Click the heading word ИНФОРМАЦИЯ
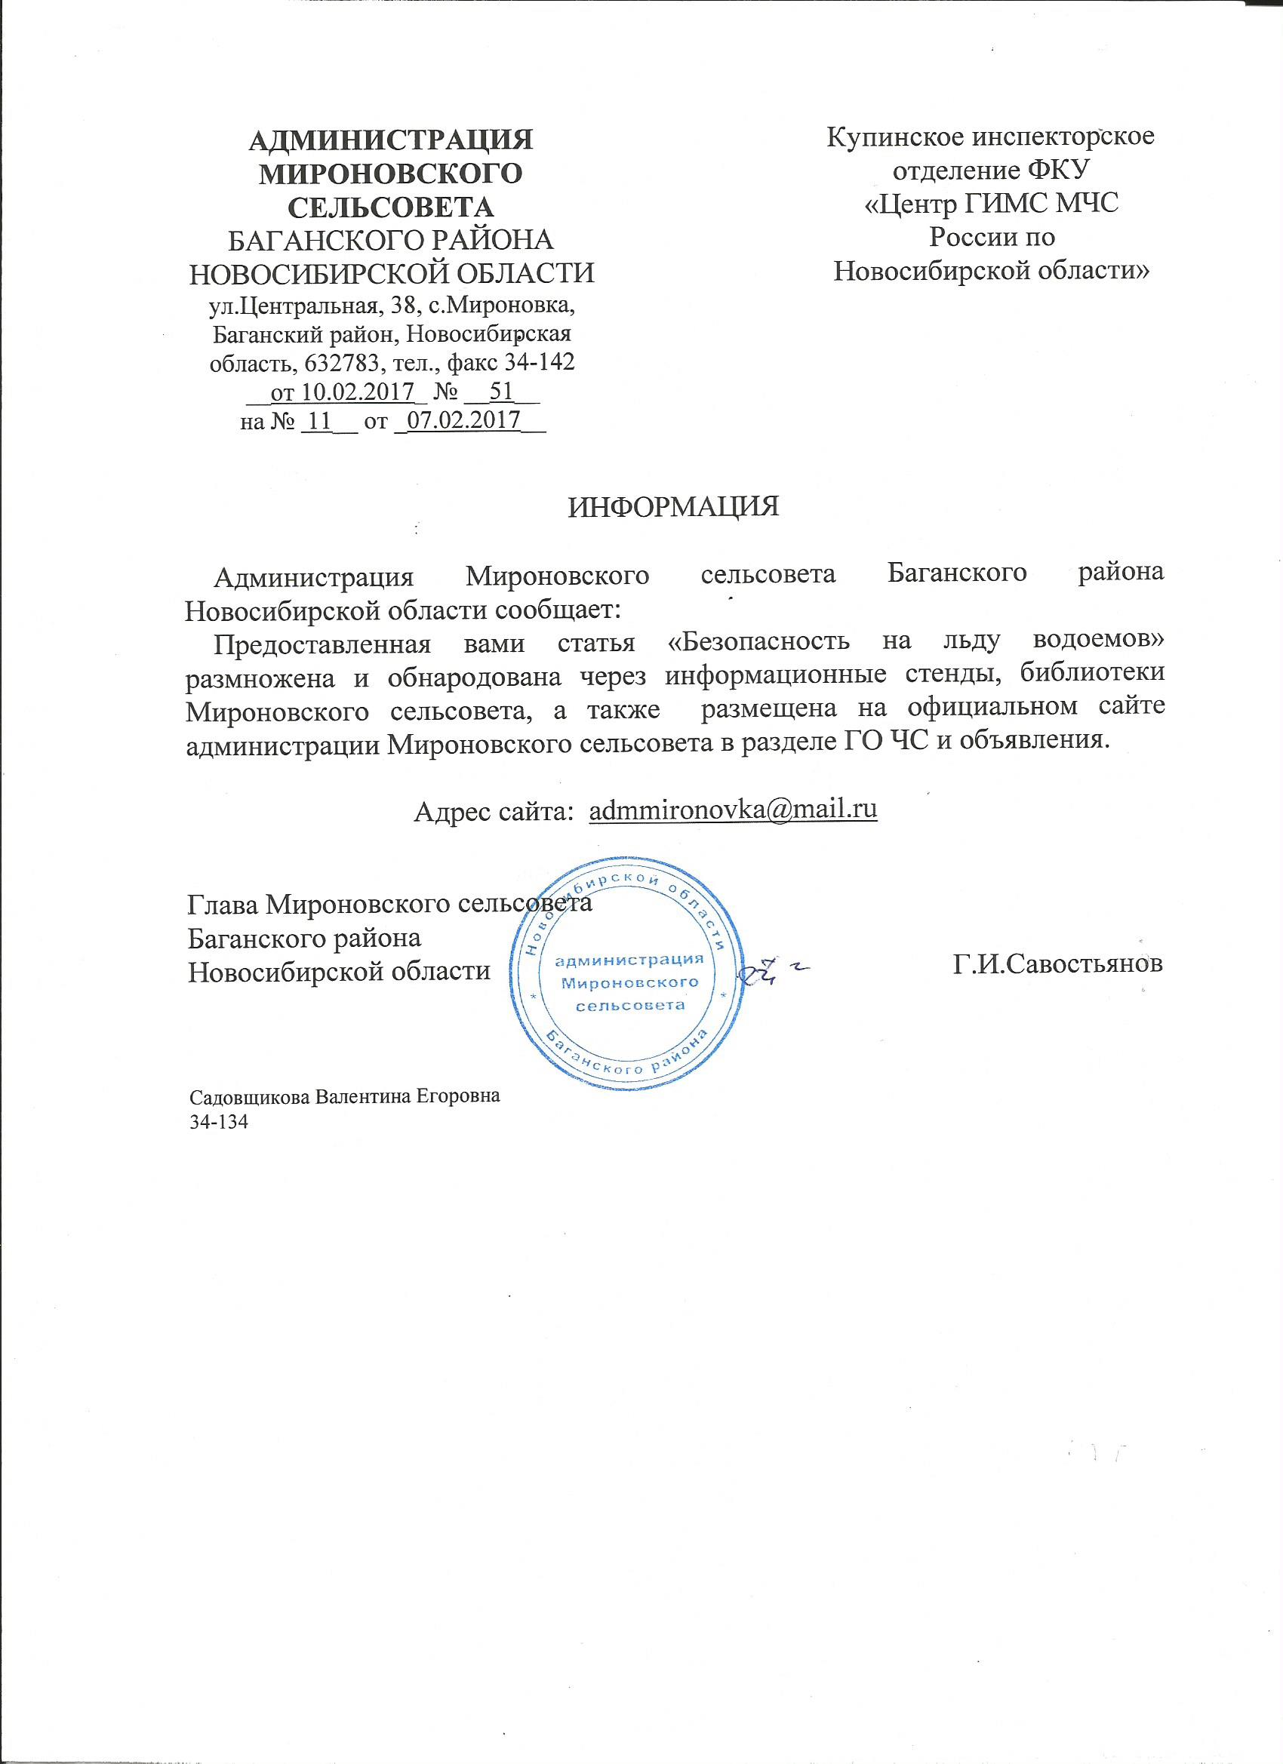673,507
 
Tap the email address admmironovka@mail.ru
734,810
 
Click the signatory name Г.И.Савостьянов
1058,964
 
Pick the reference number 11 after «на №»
320,421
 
